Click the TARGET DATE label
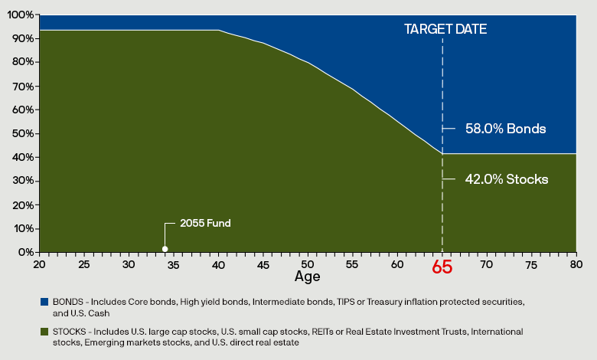pyautogui.click(x=445, y=29)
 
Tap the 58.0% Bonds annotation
pyautogui.click(x=505, y=129)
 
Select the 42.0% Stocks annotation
pyautogui.click(x=507, y=179)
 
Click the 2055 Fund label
pyautogui.click(x=205, y=224)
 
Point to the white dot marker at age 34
pyautogui.click(x=165, y=249)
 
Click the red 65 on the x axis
pyautogui.click(x=442, y=268)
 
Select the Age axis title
pyautogui.click(x=307, y=276)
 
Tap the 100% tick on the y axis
pyautogui.click(x=21, y=15)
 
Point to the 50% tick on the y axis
pyautogui.click(x=23, y=133)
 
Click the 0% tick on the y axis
pyautogui.click(x=25, y=252)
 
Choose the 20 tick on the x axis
pyautogui.click(x=39, y=264)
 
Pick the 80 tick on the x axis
pyautogui.click(x=576, y=264)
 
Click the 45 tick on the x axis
pyautogui.click(x=263, y=264)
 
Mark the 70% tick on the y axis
pyautogui.click(x=23, y=86)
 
